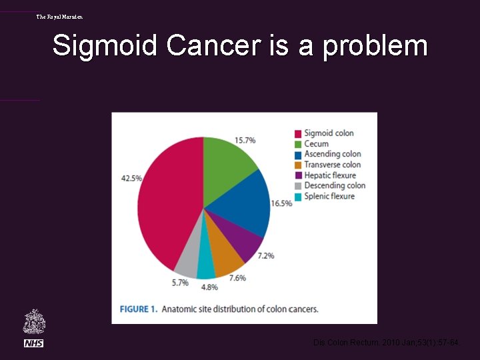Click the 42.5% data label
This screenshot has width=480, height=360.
pyautogui.click(x=131, y=178)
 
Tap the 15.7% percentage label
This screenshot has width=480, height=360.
pyautogui.click(x=245, y=141)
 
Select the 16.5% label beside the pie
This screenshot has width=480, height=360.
pyautogui.click(x=282, y=203)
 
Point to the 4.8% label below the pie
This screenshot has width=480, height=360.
pyautogui.click(x=209, y=287)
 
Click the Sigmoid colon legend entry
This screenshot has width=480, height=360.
pyautogui.click(x=329, y=133)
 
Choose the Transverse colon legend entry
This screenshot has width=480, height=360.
pyautogui.click(x=332, y=165)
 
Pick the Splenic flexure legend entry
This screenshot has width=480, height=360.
pyautogui.click(x=329, y=196)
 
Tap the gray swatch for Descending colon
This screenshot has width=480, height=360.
pyautogui.click(x=299, y=186)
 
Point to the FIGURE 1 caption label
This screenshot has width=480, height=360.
pyautogui.click(x=138, y=309)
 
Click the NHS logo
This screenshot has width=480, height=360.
pyautogui.click(x=33, y=343)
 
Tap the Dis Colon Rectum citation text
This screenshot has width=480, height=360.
pyautogui.click(x=386, y=343)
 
